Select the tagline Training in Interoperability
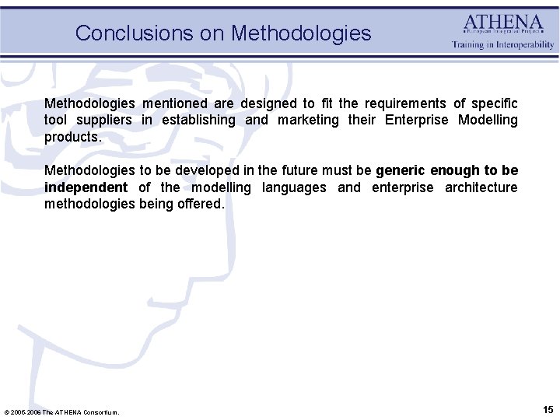[x=503, y=45]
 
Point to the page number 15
[x=548, y=409]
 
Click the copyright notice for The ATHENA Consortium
[x=61, y=411]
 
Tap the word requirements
[x=407, y=103]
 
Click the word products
[x=72, y=137]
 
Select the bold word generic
[x=401, y=170]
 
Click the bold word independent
[x=86, y=187]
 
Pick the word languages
[x=294, y=187]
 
